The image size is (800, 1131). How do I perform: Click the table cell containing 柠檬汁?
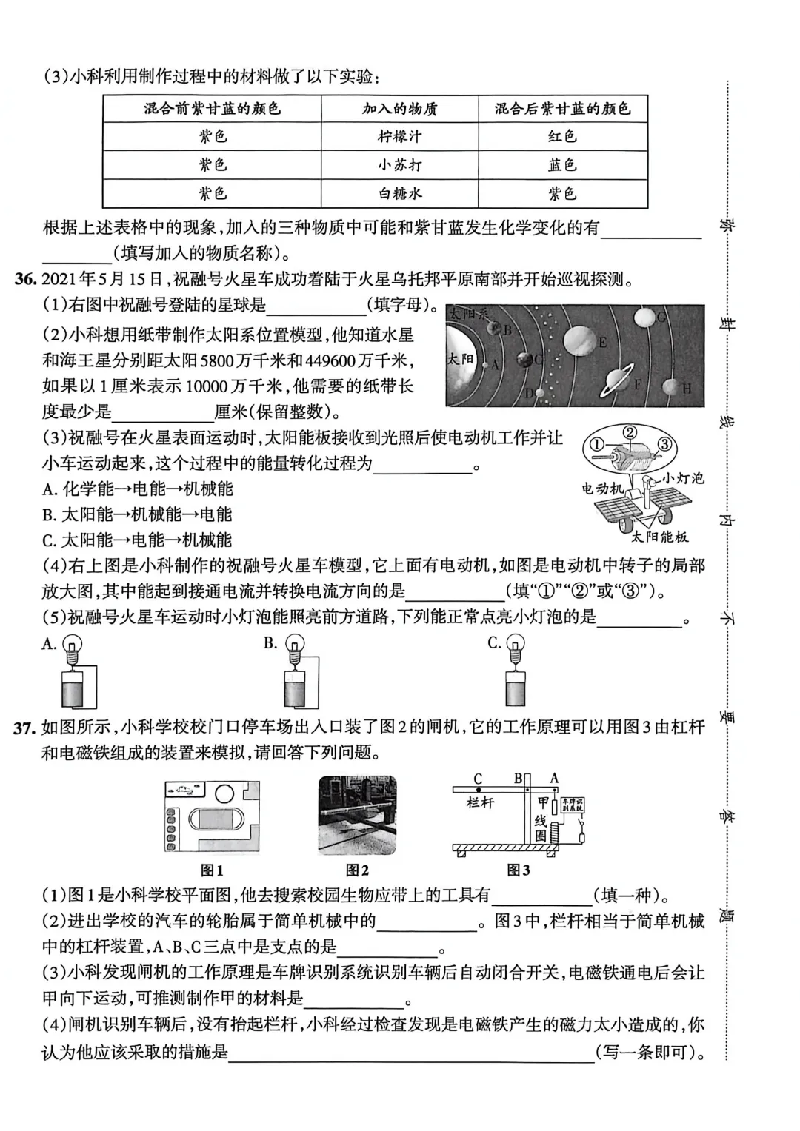[399, 137]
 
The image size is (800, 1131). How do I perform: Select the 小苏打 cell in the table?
[399, 165]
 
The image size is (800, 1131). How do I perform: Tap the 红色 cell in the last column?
[562, 137]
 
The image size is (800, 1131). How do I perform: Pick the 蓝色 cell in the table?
[562, 165]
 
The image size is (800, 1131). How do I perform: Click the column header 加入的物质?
[399, 109]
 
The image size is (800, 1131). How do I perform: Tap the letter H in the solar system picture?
[687, 389]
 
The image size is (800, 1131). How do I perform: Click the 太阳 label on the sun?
[459, 359]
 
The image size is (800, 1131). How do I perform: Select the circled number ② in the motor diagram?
[628, 432]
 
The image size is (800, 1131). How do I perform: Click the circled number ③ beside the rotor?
[664, 444]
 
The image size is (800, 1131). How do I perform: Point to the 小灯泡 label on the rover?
[682, 478]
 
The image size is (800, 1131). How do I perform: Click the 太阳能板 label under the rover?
[660, 537]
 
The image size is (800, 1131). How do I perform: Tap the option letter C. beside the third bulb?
[495, 643]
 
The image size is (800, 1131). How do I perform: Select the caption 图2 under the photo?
[357, 870]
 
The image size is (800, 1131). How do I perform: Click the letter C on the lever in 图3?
[478, 779]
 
